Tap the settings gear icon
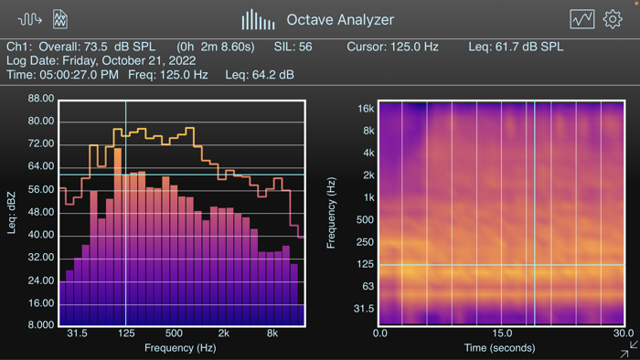coord(612,19)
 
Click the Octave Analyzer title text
coord(340,19)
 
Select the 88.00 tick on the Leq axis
coord(41,99)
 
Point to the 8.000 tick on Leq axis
coord(41,325)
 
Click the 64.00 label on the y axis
coord(41,166)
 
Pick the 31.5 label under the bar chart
coord(77,334)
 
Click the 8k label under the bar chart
coord(272,334)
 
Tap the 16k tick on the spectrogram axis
coord(366,109)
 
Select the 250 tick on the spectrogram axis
coord(365,242)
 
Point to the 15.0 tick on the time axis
coord(501,334)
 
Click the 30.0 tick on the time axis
coord(624,334)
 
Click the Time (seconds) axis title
coord(501,348)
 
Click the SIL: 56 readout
coord(293,47)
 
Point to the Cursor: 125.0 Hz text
coord(391,47)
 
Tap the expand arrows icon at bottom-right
coord(629,349)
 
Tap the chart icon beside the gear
coord(581,19)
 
